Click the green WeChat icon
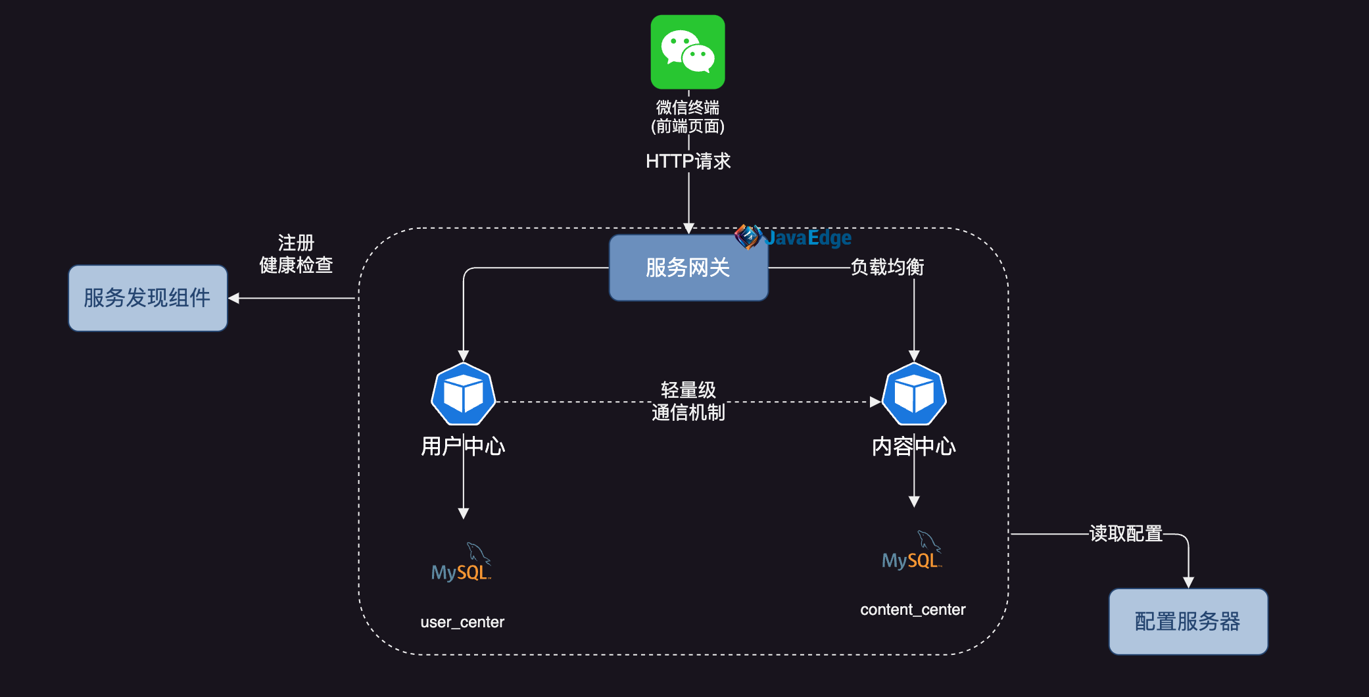(688, 52)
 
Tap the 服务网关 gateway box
(688, 268)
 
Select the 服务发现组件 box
(148, 298)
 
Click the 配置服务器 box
(1188, 621)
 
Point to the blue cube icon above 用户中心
(464, 395)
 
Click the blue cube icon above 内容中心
(914, 395)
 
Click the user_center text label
(462, 622)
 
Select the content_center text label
(913, 610)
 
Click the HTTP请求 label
(688, 161)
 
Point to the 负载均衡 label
(887, 267)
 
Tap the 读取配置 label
(1126, 533)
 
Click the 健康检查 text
(296, 265)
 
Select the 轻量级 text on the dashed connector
(688, 390)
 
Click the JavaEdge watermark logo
(793, 237)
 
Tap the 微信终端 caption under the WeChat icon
(688, 107)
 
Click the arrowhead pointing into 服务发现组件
(233, 298)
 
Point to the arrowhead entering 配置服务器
(1188, 583)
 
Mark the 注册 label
(296, 243)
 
